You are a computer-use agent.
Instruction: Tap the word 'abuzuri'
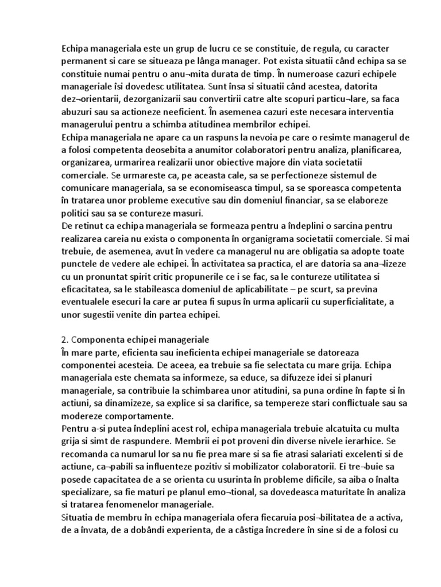coord(78,112)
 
